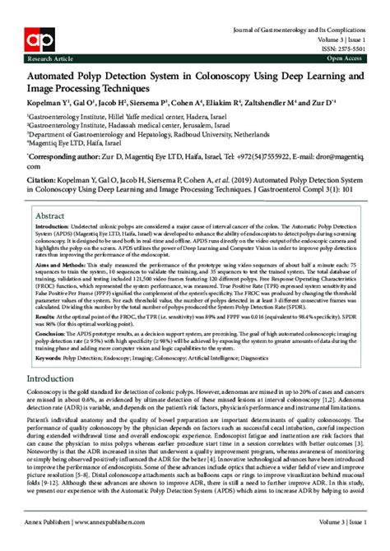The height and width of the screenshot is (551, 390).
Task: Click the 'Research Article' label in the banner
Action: [49, 59]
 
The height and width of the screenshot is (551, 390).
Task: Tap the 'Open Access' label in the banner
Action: [345, 59]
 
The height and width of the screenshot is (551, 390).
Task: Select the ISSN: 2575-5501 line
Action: [345, 48]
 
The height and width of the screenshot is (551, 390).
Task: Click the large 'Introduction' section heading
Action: [63, 379]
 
